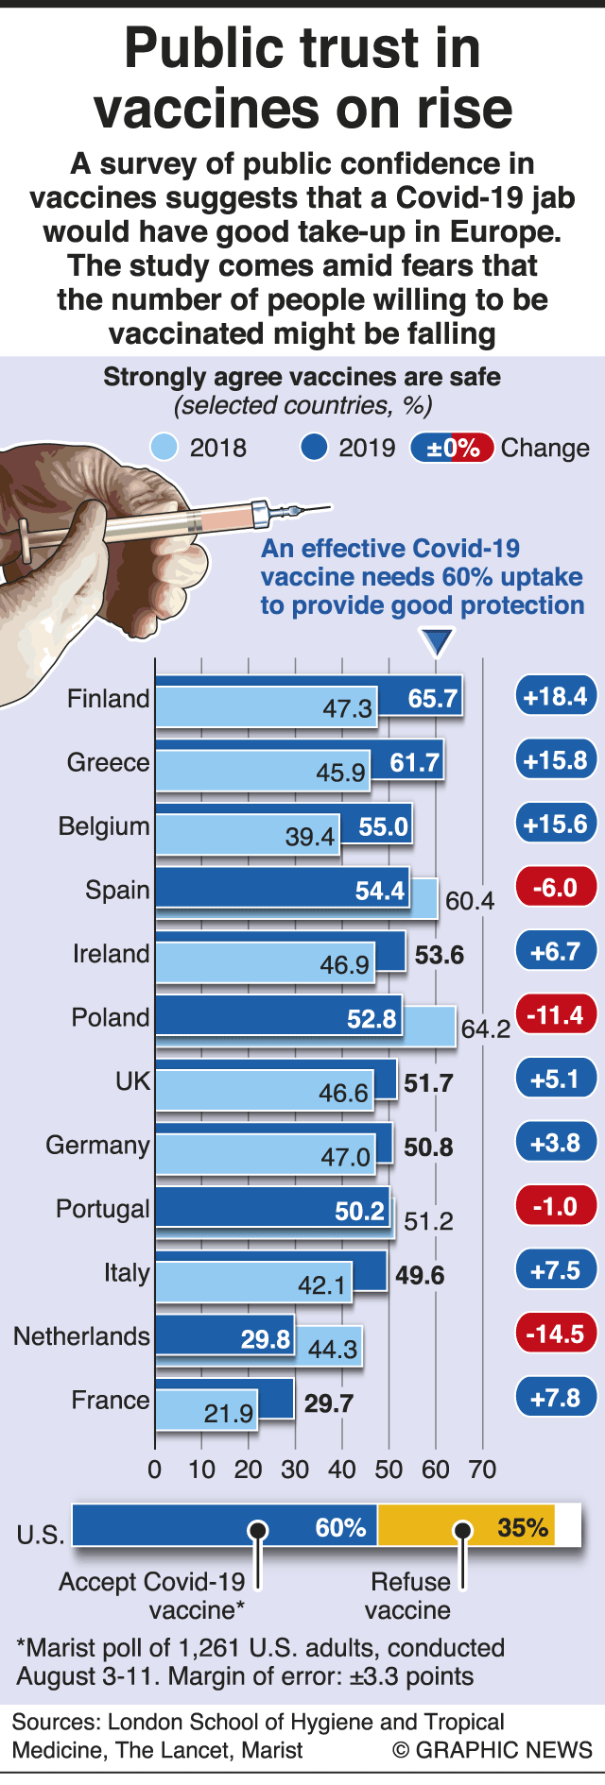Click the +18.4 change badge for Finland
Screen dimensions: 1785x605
(x=556, y=697)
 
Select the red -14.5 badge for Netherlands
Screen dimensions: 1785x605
(x=556, y=1334)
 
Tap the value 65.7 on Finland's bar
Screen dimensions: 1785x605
(x=433, y=699)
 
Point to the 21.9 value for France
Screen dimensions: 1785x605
(x=229, y=1414)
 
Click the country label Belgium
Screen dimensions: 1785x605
(x=104, y=826)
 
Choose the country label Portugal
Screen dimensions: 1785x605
(x=103, y=1209)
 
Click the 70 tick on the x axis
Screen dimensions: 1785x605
(x=483, y=1470)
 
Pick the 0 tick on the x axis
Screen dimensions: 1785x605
(x=155, y=1470)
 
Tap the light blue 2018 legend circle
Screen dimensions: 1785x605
(x=165, y=447)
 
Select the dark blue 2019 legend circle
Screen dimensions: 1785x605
(x=314, y=447)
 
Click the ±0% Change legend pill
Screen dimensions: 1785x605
(x=453, y=448)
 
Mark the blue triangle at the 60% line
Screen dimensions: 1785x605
(x=437, y=643)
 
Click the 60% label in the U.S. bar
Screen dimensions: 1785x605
(x=340, y=1528)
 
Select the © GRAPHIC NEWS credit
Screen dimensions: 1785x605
(x=492, y=1750)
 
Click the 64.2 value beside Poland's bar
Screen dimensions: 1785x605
(x=486, y=1028)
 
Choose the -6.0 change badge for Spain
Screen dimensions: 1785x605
(x=556, y=889)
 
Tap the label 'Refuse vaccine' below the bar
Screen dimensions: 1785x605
(x=408, y=1596)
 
